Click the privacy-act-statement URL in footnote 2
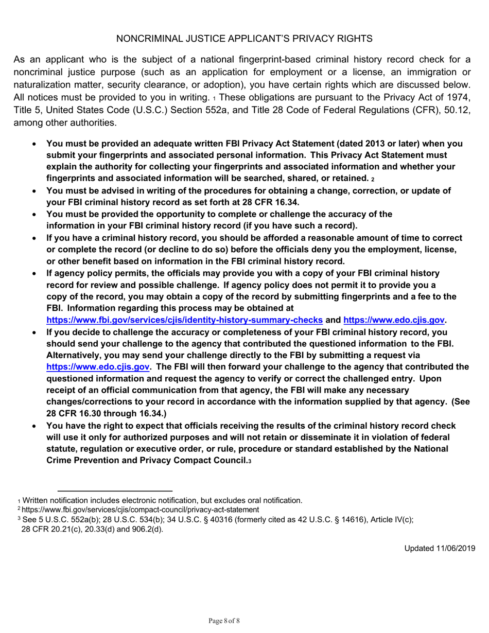coord(137,509)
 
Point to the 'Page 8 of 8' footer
coord(224,621)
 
